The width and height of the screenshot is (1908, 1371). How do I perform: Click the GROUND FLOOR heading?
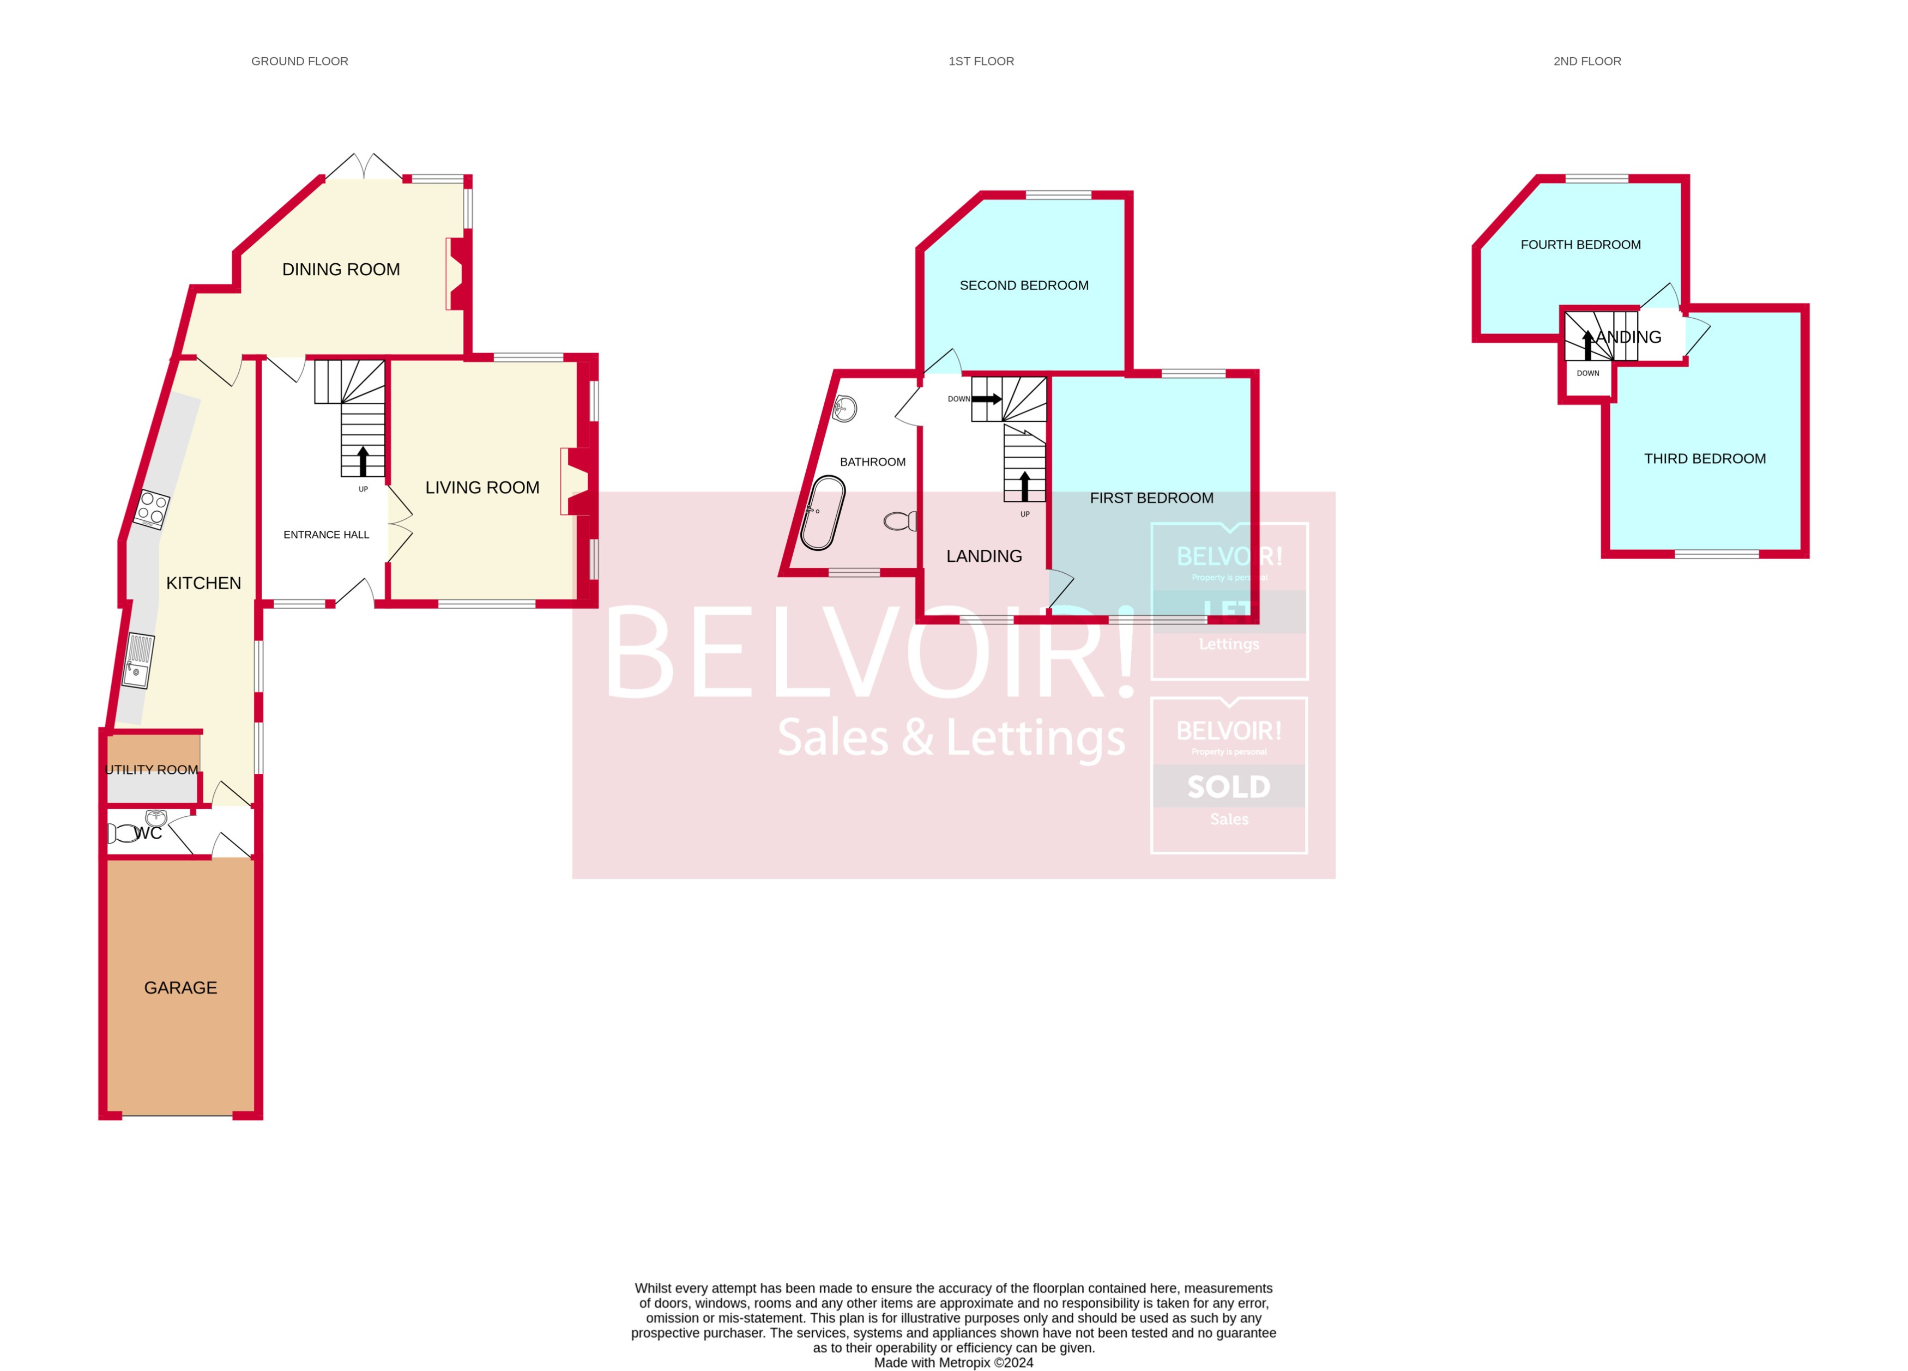click(x=299, y=62)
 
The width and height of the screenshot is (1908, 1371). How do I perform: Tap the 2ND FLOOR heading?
click(x=1586, y=62)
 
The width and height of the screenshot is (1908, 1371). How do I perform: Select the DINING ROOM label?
click(x=341, y=270)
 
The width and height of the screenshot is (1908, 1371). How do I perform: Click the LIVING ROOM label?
click(x=482, y=488)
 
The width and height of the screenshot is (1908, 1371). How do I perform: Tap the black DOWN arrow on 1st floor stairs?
click(x=986, y=399)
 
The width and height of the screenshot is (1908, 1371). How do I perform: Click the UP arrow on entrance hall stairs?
click(x=363, y=462)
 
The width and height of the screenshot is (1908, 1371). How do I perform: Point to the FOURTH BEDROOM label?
click(x=1580, y=245)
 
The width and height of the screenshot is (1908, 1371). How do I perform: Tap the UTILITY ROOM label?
click(x=152, y=769)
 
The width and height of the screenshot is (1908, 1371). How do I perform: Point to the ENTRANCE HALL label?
click(x=327, y=535)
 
